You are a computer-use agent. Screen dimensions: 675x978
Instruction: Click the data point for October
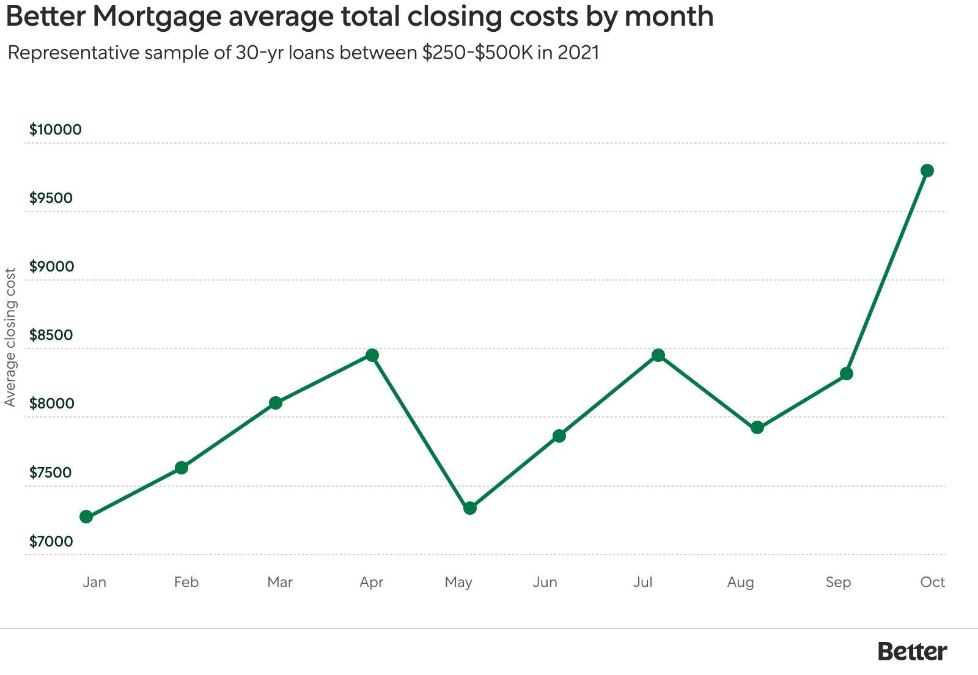click(x=927, y=171)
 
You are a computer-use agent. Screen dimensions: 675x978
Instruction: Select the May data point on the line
click(x=469, y=508)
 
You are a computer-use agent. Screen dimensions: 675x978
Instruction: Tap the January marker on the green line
click(x=86, y=517)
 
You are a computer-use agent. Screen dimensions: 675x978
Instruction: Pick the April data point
click(x=372, y=355)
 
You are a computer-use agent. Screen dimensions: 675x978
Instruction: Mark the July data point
click(x=658, y=355)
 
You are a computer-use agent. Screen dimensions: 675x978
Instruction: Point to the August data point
click(x=757, y=427)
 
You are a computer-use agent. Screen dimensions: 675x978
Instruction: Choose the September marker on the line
click(x=846, y=374)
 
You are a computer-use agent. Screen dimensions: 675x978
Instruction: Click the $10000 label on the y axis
click(x=55, y=130)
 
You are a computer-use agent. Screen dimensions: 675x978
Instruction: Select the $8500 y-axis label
click(x=51, y=335)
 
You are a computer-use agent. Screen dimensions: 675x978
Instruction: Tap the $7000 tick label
click(x=51, y=541)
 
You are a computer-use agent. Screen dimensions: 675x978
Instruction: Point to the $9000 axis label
click(x=51, y=267)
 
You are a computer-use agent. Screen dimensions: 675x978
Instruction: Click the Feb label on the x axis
click(x=186, y=582)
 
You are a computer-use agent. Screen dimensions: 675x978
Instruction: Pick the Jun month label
click(x=544, y=582)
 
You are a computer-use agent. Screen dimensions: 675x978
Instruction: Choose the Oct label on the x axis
click(x=932, y=582)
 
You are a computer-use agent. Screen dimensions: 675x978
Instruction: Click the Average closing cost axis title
click(x=10, y=337)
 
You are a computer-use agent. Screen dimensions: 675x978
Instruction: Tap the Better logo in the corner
click(x=911, y=651)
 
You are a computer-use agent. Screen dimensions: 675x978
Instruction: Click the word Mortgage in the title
click(x=156, y=16)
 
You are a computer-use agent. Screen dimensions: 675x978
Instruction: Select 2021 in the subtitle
click(x=578, y=53)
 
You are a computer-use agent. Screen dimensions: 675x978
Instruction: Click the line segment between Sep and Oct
click(x=886, y=272)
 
